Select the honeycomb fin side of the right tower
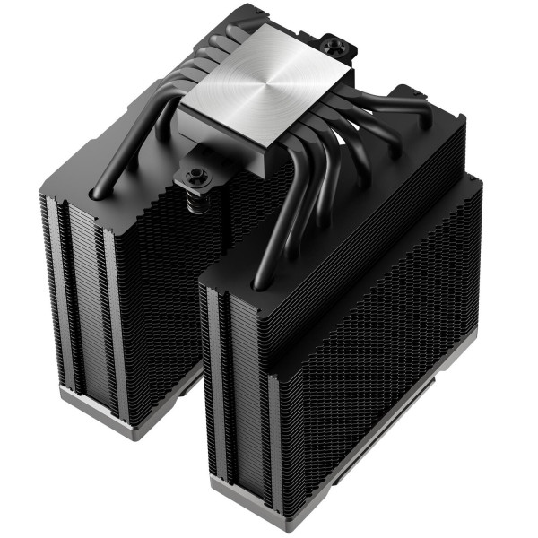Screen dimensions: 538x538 377,359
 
